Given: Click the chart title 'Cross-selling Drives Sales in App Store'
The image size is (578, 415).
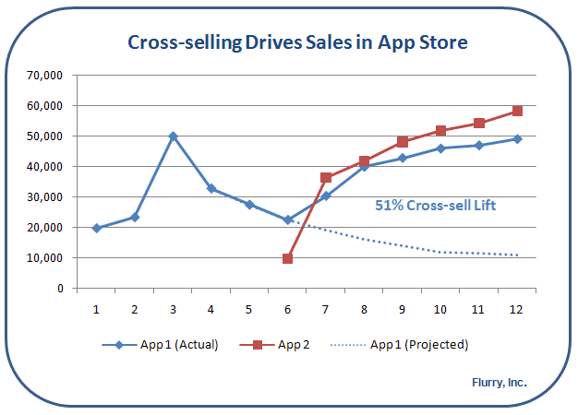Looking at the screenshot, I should coord(297,42).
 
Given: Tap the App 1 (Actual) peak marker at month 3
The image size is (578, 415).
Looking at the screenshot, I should coord(173,136).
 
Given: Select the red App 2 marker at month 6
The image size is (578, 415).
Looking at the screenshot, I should coord(288,259).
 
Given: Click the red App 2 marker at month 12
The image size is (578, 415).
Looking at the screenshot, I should coord(517,111).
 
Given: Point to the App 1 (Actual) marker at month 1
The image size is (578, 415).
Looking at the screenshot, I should coord(96,228).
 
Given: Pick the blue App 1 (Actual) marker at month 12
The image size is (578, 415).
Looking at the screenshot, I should coord(517,139).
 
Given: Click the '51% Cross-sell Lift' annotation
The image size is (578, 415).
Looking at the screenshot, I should coord(435,206).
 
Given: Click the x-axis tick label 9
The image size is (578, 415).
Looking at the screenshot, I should coord(403,307).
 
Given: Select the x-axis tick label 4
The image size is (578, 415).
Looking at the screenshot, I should coord(211,307).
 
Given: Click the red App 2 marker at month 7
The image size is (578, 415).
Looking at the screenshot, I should coord(326,178).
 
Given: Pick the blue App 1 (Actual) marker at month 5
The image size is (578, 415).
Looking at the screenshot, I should coord(249,205).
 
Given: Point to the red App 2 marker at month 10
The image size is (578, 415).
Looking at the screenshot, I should coord(440,131).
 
